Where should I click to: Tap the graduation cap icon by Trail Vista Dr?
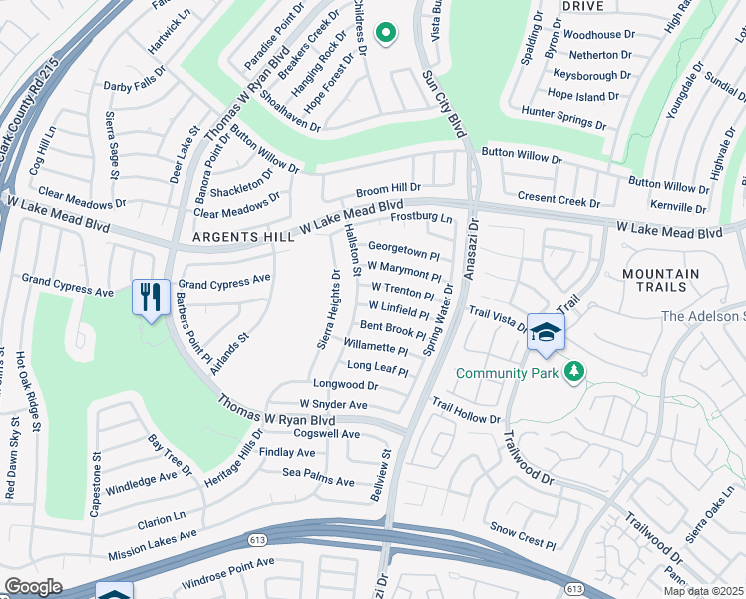546,333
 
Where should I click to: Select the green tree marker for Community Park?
573,372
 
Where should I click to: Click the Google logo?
34,586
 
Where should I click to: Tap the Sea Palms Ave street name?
318,482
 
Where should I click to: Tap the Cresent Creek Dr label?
559,201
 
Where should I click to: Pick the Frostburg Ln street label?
421,217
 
